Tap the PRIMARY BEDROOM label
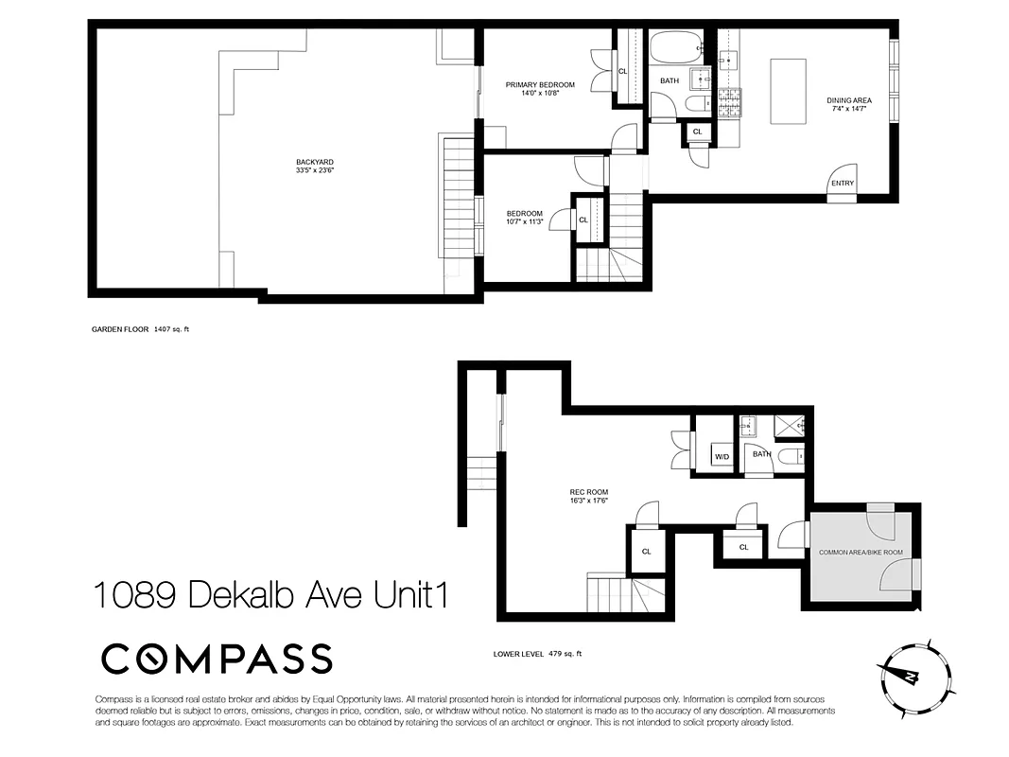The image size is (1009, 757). [539, 84]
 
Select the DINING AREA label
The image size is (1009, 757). [848, 99]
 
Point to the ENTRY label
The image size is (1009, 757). [842, 184]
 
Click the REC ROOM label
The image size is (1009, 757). [588, 492]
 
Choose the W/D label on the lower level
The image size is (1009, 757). [722, 457]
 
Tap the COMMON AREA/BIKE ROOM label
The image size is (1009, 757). [861, 552]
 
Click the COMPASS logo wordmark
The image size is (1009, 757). [217, 659]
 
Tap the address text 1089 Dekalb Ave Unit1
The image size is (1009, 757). [270, 597]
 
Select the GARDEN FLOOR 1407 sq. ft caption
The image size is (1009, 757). [147, 329]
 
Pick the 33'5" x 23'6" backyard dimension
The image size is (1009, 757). [315, 170]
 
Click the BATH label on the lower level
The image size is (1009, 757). [761, 454]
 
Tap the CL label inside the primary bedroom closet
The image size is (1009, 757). [622, 71]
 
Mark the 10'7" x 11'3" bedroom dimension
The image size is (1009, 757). [524, 222]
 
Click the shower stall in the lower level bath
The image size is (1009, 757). [789, 427]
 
